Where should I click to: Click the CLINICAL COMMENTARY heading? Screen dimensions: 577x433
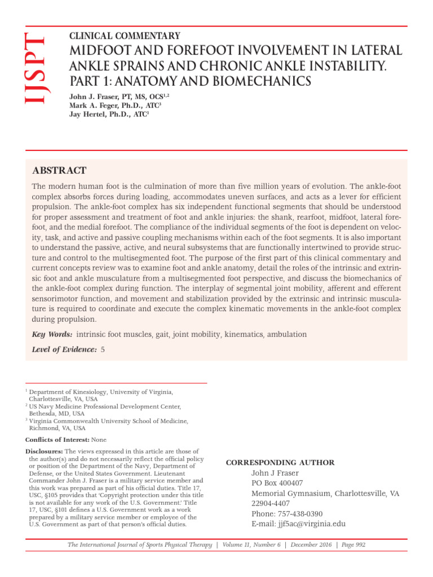pyautogui.click(x=125, y=35)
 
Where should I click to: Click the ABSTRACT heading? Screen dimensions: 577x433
pyautogui.click(x=59, y=170)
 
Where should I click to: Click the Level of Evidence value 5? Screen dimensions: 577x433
pyautogui.click(x=103, y=350)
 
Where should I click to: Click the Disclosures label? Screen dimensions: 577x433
pyautogui.click(x=45, y=451)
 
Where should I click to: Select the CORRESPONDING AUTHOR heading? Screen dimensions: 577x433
pyautogui.click(x=280, y=463)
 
